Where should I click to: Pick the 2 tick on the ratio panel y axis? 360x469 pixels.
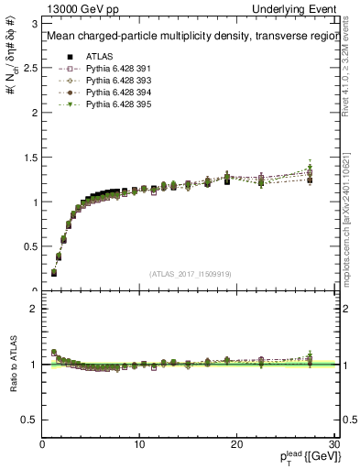click(34, 309)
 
